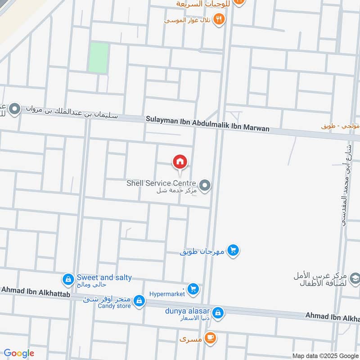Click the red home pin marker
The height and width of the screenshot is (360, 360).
(x=180, y=162)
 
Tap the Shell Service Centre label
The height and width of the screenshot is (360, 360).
(x=161, y=183)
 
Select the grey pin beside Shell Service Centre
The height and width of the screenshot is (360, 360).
(x=205, y=185)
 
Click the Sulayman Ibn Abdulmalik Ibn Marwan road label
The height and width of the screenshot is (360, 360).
(x=207, y=124)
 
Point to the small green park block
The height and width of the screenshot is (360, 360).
(x=98, y=58)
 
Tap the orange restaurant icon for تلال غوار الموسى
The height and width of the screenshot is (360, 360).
(x=219, y=19)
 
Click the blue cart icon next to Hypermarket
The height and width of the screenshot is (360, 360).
(x=193, y=289)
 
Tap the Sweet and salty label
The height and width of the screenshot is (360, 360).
(x=104, y=278)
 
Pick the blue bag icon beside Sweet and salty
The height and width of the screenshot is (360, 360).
(x=68, y=280)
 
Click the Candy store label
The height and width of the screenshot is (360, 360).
(x=114, y=306)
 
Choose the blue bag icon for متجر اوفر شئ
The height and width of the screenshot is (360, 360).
(x=139, y=300)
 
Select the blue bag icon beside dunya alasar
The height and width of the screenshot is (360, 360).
(x=218, y=313)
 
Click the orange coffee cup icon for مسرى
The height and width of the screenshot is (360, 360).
(x=209, y=337)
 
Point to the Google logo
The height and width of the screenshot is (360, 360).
(x=19, y=353)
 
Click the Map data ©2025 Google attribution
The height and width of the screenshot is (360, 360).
(x=325, y=355)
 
